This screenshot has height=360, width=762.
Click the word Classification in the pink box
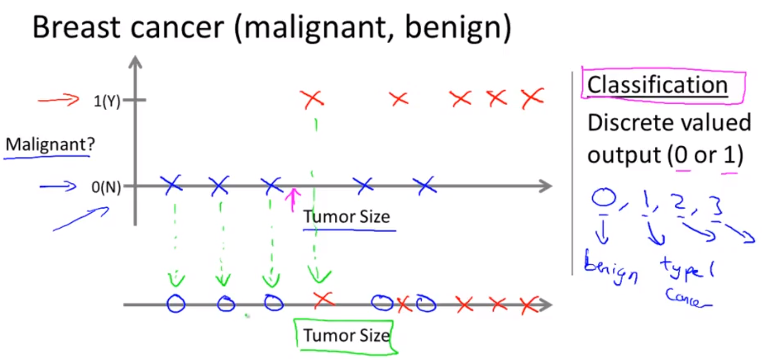(657, 85)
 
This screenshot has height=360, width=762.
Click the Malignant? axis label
(50, 146)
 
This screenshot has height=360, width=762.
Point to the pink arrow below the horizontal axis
(293, 199)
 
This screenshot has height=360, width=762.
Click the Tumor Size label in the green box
(346, 336)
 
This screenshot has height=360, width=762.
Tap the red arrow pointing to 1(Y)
(59, 101)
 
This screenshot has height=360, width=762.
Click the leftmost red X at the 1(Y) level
(313, 99)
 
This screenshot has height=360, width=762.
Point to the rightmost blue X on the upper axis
(425, 185)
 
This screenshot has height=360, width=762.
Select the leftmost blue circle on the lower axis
(176, 303)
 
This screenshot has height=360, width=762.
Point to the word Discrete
(624, 122)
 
